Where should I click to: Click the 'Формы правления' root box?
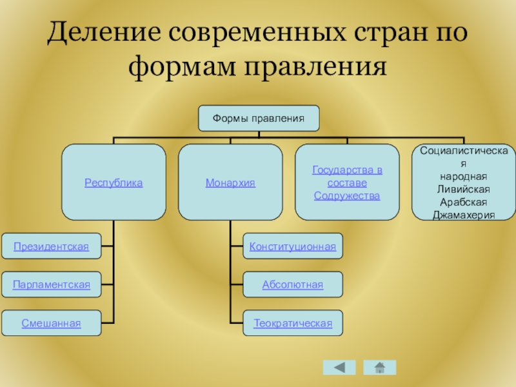258,119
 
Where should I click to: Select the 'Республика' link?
114,183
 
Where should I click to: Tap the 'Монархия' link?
230,183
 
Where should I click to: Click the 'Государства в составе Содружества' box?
347,183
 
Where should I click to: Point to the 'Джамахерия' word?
464,214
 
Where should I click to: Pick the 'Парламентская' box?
51,284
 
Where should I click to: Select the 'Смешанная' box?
51,323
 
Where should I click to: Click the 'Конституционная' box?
293,246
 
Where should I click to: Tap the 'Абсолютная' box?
293,284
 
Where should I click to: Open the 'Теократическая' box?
293,323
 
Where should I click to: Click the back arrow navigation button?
339,368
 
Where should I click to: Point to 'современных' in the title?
258,32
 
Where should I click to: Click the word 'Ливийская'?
464,189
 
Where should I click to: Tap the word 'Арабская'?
464,201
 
